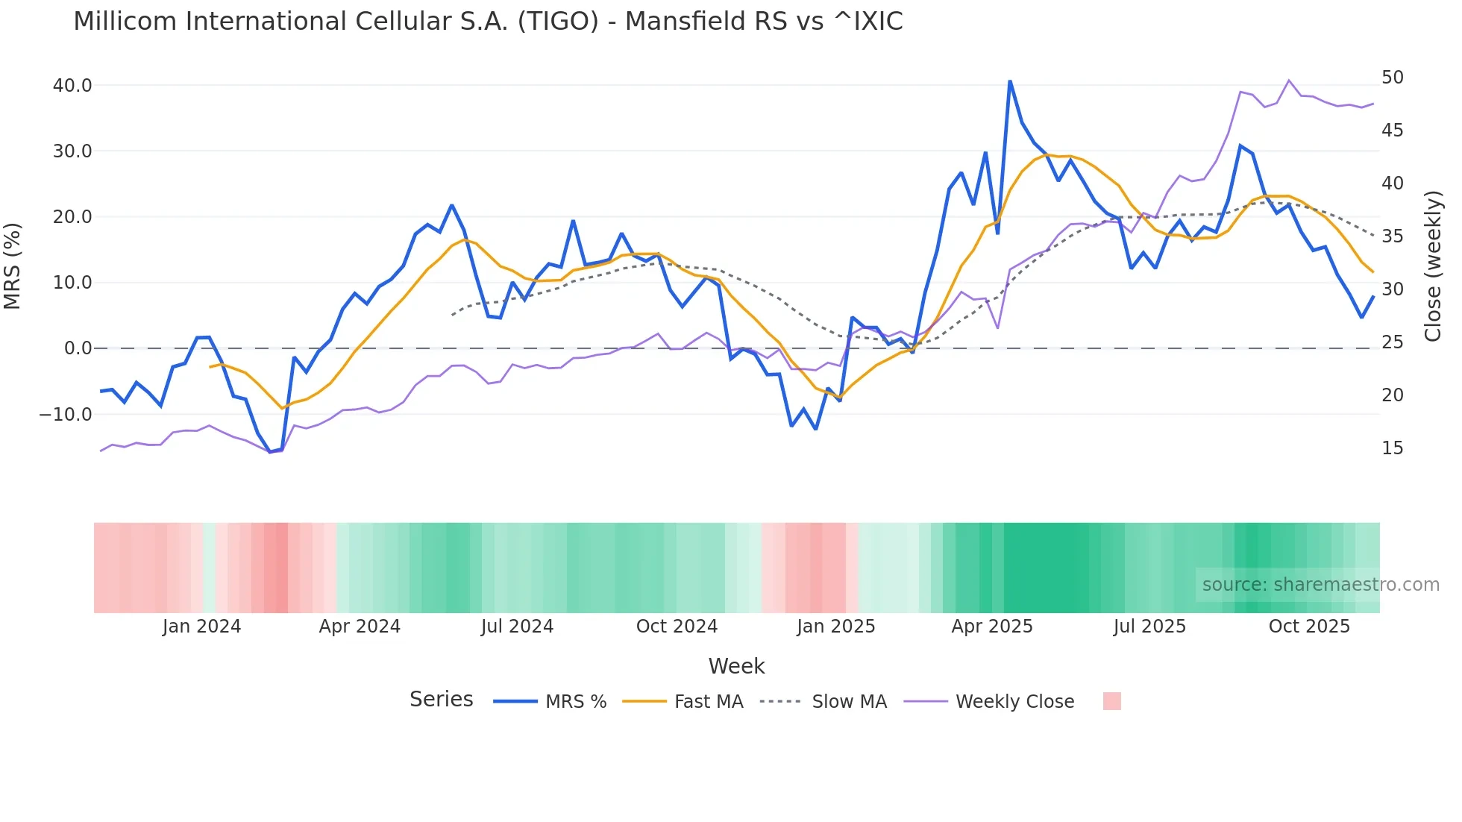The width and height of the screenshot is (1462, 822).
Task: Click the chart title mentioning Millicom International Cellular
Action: [488, 22]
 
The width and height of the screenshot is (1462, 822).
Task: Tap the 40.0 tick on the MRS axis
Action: [72, 86]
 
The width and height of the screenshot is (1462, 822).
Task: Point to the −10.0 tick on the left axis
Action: [66, 414]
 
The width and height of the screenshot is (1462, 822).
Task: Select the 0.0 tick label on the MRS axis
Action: [78, 348]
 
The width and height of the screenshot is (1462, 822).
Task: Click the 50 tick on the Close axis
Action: [1392, 78]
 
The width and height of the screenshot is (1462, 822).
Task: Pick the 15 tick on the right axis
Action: [1392, 448]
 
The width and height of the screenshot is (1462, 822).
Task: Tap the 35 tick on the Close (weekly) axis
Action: [1392, 236]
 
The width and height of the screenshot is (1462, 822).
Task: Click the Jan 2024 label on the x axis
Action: [201, 627]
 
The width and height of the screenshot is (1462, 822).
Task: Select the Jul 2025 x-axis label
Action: [1149, 627]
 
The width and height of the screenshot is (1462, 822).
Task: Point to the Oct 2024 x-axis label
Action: [677, 627]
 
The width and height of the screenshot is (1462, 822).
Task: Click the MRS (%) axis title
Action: [13, 266]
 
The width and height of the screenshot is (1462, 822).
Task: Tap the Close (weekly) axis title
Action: [1433, 266]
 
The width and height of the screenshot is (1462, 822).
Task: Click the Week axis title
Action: [736, 666]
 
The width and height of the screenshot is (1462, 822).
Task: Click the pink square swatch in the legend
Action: [1111, 701]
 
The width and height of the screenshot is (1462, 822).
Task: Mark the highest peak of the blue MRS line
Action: [1010, 81]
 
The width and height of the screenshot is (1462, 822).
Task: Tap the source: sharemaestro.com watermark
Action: [1320, 585]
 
